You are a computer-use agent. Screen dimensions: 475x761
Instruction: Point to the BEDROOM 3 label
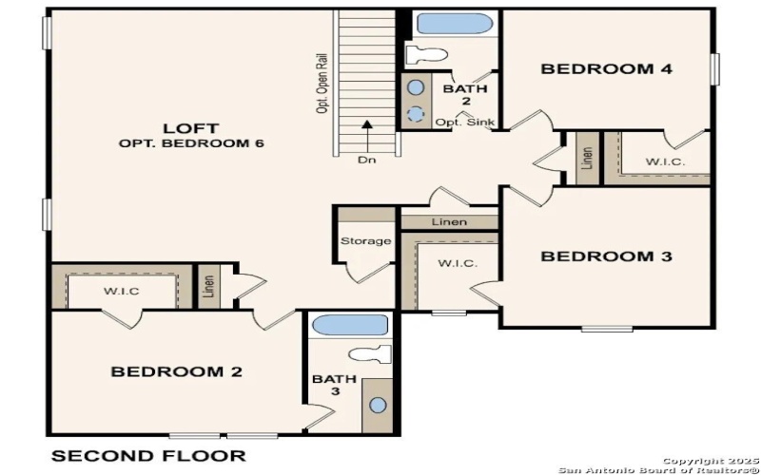(606, 256)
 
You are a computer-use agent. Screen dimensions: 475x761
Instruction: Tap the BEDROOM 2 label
(177, 371)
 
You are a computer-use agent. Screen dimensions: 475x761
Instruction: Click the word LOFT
(191, 127)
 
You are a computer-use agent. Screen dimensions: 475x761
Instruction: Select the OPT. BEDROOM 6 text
(191, 143)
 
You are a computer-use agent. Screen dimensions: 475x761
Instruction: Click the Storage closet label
(365, 241)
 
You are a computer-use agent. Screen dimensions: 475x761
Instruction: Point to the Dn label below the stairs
(366, 160)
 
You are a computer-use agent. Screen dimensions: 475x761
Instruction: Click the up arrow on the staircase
(366, 134)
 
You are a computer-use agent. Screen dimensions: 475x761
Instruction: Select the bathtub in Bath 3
(349, 324)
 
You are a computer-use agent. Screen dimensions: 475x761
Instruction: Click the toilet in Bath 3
(372, 354)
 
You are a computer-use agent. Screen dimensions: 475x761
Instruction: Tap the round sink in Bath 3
(378, 405)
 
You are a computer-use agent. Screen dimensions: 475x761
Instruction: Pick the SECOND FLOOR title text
(147, 456)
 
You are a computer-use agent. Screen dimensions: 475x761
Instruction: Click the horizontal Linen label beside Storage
(448, 222)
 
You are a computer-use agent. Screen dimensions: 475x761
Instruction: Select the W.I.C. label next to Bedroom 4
(664, 161)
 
